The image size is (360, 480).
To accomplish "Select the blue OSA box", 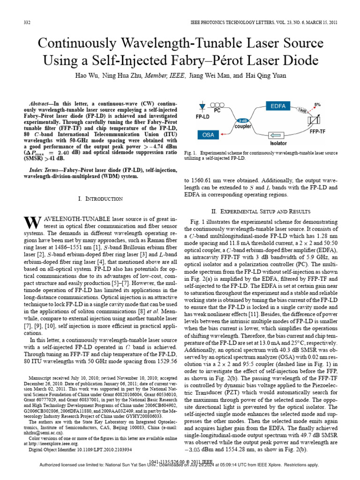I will pyautogui.click(x=208, y=135).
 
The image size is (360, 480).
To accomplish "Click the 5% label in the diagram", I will pyautogui.click(x=317, y=105).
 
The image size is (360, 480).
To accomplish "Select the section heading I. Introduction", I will pyautogui.click(x=99, y=199).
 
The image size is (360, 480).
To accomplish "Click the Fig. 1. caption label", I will pyautogui.click(x=193, y=153).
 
